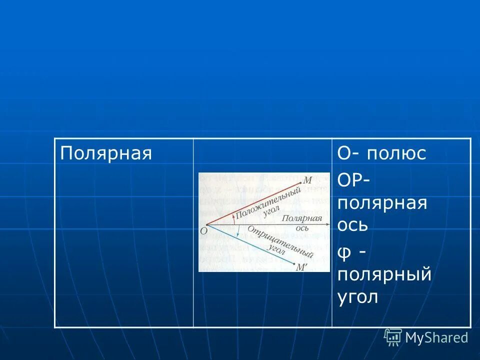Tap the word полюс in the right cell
point(396,153)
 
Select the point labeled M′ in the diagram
point(301,267)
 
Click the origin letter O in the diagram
point(203,230)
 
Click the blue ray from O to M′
point(250,244)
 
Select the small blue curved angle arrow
point(238,231)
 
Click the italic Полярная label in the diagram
point(301,219)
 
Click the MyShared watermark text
point(436,337)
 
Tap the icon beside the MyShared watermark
point(393,337)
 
